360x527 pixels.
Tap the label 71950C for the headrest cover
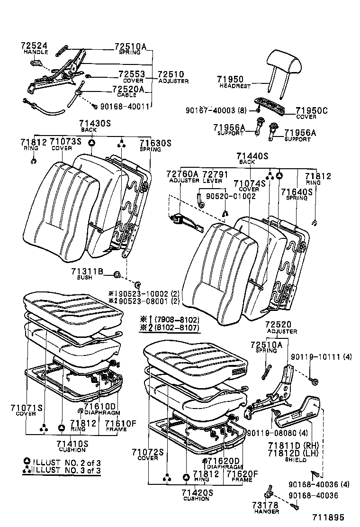312,111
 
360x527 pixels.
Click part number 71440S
252,155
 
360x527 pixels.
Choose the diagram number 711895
327,518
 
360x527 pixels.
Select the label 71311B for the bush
87,271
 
